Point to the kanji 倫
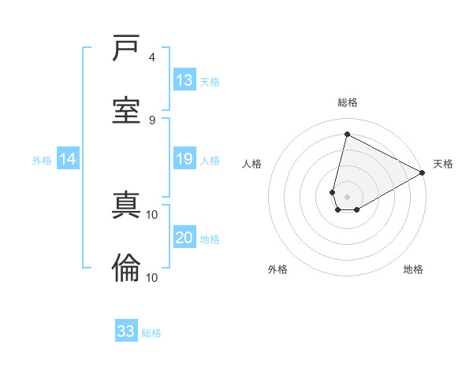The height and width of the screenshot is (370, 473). tap(126, 269)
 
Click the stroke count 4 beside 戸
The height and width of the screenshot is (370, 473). tap(151, 57)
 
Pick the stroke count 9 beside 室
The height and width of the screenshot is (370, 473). tap(151, 120)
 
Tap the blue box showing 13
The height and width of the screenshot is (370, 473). tap(184, 80)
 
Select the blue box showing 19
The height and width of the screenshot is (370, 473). tap(184, 159)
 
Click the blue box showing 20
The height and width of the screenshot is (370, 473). tap(184, 238)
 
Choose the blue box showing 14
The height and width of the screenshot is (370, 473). tap(68, 160)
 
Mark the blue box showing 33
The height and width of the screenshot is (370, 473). tap(126, 331)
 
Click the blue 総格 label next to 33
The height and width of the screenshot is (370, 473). tap(152, 333)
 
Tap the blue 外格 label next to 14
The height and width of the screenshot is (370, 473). tap(42, 161)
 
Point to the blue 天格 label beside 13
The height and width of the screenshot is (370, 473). tap(210, 81)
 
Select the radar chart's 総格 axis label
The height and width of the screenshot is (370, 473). tap(348, 102)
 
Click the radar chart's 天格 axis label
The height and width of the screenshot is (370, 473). tap(443, 164)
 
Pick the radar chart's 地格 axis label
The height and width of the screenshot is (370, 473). tap(413, 269)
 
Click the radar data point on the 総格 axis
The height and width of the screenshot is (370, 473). tap(347, 135)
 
